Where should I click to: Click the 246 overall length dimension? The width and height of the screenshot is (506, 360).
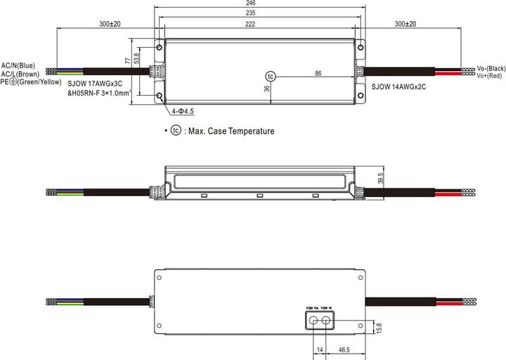(261, 4)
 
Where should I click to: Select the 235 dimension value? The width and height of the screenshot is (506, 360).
(261, 13)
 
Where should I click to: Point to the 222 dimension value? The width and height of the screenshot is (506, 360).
(261, 24)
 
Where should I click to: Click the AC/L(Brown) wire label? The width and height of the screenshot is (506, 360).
(20, 74)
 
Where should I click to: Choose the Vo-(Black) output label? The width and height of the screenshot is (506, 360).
(491, 68)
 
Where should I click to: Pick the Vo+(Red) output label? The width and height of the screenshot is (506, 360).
(489, 75)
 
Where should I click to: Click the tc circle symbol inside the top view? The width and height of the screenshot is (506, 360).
(271, 75)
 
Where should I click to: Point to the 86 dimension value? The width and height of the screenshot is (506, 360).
(318, 73)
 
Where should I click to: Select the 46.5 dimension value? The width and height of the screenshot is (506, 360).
(345, 349)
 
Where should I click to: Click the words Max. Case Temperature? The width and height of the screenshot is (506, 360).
(230, 131)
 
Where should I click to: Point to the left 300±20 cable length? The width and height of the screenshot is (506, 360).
(110, 24)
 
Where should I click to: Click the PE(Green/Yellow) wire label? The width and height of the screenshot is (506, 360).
(32, 82)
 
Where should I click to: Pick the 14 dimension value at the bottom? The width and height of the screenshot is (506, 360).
(319, 349)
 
